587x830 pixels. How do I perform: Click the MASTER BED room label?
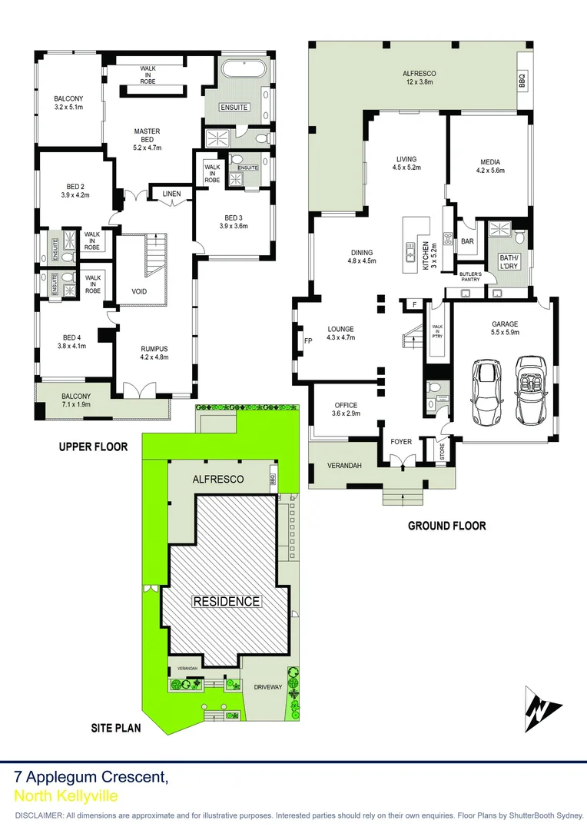pos(147,135)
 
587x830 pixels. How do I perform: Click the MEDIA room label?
pos(490,162)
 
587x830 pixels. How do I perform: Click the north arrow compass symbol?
pos(542,708)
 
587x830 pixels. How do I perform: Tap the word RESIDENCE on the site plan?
pos(226,601)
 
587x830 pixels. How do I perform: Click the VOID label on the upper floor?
pos(139,292)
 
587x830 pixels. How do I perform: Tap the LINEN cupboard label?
pos(171,194)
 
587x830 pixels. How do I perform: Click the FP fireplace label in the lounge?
pos(308,340)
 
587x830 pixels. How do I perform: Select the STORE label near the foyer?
pos(442,450)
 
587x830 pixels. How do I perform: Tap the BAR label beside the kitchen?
pos(467,241)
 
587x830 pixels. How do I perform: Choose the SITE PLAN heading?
pos(116,726)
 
